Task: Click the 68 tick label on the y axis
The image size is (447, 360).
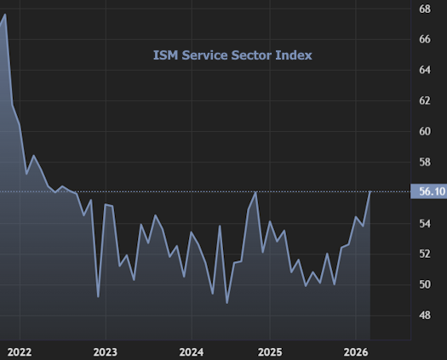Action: (x=425, y=9)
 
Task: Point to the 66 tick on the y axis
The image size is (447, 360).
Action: (x=425, y=39)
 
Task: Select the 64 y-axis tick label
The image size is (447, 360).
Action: (x=425, y=70)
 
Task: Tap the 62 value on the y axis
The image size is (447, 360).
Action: (x=425, y=100)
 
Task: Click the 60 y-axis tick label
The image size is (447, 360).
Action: (x=425, y=131)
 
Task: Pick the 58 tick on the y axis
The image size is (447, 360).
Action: (x=425, y=162)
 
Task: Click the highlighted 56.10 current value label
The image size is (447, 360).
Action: (x=427, y=192)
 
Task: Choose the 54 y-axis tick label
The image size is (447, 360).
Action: (x=425, y=223)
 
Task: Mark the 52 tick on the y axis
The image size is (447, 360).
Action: (x=425, y=254)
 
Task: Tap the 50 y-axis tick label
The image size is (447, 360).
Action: (x=425, y=284)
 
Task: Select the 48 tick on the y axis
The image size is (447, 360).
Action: (x=425, y=315)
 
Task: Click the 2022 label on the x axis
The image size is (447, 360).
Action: (x=19, y=351)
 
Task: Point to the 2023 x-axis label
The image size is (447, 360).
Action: (x=105, y=351)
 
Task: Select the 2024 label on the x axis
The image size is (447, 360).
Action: (x=191, y=351)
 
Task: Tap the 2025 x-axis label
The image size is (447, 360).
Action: (x=270, y=351)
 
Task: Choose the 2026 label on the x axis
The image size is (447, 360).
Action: (x=355, y=351)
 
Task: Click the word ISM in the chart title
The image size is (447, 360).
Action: (x=165, y=55)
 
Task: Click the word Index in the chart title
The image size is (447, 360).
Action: (x=294, y=55)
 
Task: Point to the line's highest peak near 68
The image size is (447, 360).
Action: (x=5, y=15)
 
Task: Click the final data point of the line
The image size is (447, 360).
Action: (x=370, y=192)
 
